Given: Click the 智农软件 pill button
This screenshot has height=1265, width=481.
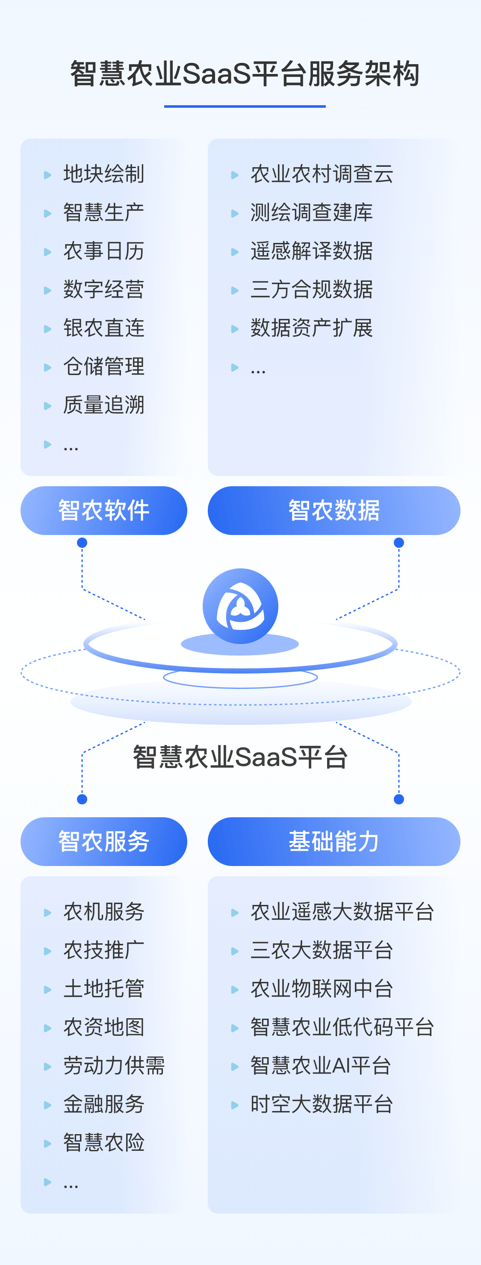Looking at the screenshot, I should point(103,510).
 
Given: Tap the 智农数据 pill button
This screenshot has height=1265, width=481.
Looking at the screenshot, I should point(334,510).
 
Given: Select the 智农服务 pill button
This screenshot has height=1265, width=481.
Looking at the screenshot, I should point(103,841).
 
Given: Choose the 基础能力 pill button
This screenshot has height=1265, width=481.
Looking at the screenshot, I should point(334,841).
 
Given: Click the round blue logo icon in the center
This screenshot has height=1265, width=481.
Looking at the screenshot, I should point(240,606).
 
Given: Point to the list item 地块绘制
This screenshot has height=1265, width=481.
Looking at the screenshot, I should point(103,174).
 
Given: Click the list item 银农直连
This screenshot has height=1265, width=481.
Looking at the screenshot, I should point(103,328).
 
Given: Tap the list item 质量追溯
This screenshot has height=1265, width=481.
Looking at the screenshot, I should point(103,405).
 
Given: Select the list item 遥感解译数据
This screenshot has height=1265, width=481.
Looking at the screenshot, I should point(312,251).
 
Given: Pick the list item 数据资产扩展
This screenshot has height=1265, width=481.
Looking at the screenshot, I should point(312,328).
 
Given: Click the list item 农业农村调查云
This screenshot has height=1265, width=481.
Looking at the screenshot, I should point(322,174).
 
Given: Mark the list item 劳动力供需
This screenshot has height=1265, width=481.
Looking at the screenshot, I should point(114,1066).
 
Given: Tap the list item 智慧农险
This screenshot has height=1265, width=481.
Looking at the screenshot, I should point(103,1143).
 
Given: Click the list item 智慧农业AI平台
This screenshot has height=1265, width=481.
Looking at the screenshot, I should point(321,1066).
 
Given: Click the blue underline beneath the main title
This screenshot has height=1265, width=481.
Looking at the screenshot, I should point(245,106).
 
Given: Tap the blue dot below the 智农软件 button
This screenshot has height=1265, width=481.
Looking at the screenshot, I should point(82,543).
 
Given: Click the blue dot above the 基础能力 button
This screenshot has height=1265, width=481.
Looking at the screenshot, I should point(399,799).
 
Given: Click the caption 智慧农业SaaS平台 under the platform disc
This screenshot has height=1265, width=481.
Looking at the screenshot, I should point(240,757).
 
